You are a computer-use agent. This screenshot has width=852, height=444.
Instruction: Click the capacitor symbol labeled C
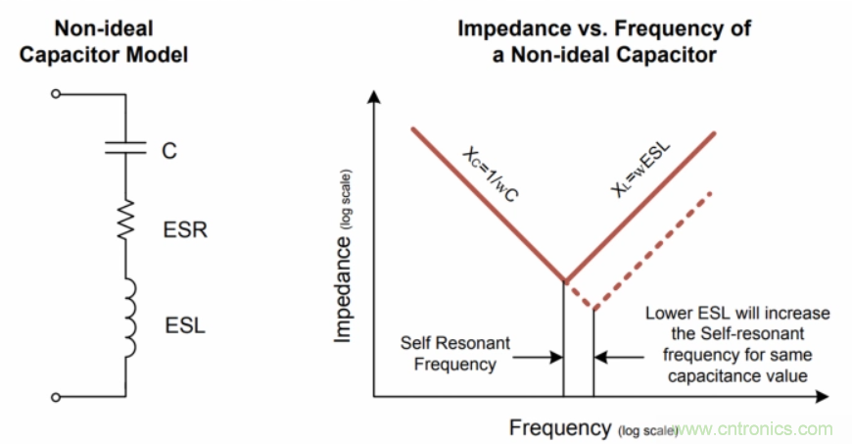[125, 149]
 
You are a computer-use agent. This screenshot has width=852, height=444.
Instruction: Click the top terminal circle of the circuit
[57, 94]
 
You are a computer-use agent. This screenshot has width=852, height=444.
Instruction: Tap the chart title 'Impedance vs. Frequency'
[604, 41]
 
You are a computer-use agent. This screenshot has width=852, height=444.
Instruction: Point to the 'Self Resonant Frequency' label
[449, 354]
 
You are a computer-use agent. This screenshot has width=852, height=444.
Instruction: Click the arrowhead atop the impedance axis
[373, 98]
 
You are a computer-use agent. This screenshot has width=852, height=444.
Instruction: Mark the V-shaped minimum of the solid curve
[563, 279]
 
